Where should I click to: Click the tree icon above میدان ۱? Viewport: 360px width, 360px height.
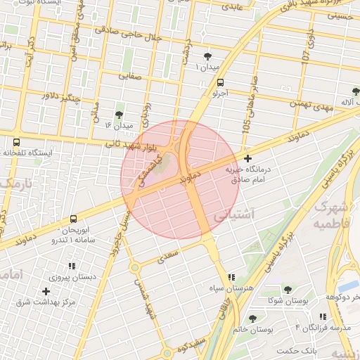tap(207, 56)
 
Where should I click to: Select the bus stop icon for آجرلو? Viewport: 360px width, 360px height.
tap(221, 82)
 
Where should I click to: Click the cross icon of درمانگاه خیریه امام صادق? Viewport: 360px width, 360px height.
tap(247, 159)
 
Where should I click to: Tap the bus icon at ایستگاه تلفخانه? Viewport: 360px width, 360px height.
tap(15, 141)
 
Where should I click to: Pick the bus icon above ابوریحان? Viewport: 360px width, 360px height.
tap(75, 219)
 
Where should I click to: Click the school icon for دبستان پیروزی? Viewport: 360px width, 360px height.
tap(71, 266)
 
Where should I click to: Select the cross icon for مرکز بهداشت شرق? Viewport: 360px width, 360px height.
tap(46, 291)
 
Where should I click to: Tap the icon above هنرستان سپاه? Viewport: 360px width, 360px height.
tap(232, 278)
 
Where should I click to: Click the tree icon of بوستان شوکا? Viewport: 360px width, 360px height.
tap(287, 290)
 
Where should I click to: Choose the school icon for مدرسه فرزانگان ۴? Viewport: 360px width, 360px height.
tap(322, 317)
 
